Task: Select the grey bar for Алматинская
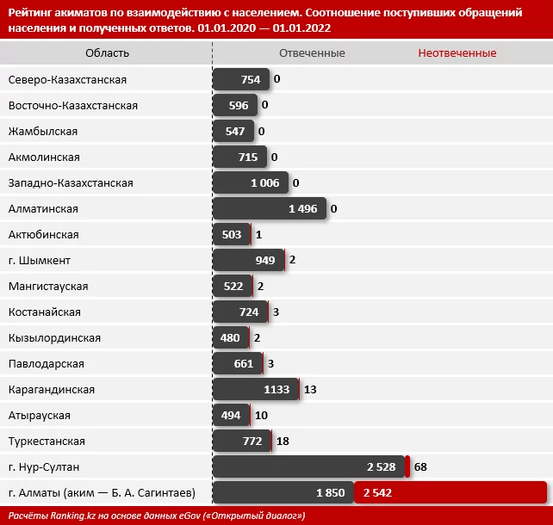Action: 270,208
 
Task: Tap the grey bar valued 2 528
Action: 308,466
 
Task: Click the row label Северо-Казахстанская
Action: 67,79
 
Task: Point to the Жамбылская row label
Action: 43,131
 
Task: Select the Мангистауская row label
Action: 48,286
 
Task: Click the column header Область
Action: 107,53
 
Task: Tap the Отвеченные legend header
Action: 312,53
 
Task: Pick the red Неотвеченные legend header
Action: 457,53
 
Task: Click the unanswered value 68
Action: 420,466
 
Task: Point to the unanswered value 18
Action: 283,441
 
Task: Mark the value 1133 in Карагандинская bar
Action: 280,389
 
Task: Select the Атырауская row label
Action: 40,415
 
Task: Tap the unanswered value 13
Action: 311,389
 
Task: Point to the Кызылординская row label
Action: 54,337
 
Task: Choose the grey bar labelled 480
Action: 230,337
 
